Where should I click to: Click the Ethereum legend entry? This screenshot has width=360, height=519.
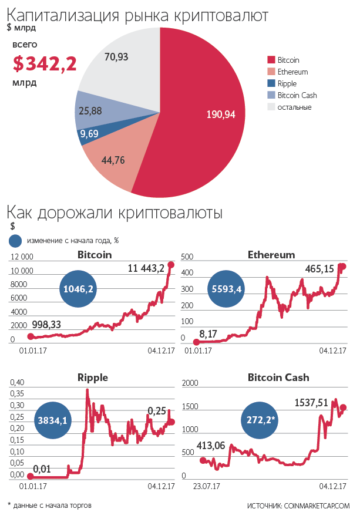(x=292, y=72)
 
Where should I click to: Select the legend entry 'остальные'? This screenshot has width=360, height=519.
(x=294, y=107)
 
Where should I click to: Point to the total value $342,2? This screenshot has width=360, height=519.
(x=45, y=64)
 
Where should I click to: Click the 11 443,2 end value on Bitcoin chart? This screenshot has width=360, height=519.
(x=146, y=268)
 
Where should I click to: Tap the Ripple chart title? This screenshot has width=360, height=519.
(x=93, y=378)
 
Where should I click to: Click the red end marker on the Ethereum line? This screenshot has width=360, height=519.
(x=343, y=266)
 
